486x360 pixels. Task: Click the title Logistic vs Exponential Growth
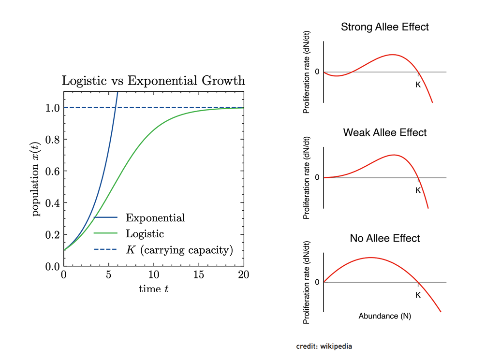[153, 81]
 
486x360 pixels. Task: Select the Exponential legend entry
[155, 218]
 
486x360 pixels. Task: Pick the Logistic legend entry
[145, 234]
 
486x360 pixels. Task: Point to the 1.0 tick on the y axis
[52, 108]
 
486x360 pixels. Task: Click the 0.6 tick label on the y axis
[52, 171]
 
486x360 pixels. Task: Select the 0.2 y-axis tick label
[52, 235]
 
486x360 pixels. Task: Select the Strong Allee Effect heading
[385, 27]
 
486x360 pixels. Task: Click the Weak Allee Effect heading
[385, 132]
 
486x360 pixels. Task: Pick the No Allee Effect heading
[385, 238]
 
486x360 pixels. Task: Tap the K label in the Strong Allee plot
[418, 85]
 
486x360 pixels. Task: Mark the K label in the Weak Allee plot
[418, 190]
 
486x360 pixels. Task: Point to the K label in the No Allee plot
[418, 295]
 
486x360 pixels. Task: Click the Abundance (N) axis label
[385, 316]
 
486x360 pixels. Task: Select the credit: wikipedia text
[324, 346]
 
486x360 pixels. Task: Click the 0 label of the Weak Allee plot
[317, 177]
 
